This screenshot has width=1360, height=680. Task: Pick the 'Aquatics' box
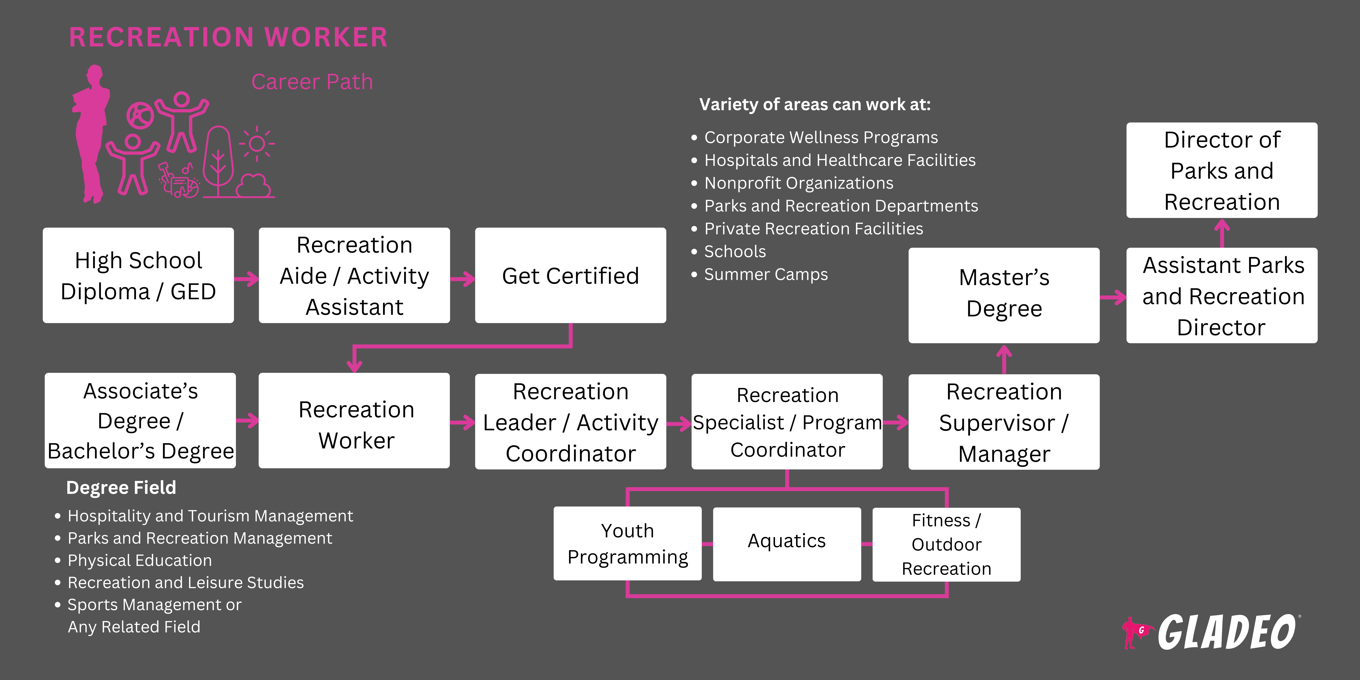coord(787,544)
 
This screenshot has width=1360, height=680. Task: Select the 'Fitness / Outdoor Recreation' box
coord(946,544)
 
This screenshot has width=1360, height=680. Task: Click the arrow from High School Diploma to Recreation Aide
coord(247,279)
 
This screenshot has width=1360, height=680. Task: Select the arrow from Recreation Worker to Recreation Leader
coord(463,422)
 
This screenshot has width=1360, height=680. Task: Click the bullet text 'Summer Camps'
coord(766,274)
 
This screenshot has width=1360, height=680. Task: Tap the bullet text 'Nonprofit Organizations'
coord(798,183)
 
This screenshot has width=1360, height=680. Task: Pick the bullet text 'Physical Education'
coord(139,560)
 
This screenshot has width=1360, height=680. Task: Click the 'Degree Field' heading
coord(121,487)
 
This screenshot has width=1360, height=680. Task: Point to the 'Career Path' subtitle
coord(312,82)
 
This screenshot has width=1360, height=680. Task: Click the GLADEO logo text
coord(1226,632)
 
